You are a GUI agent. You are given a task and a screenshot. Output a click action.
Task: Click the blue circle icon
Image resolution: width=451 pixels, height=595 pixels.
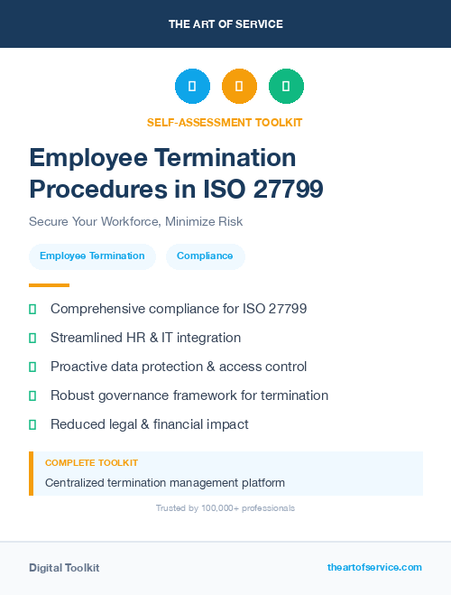click(x=192, y=87)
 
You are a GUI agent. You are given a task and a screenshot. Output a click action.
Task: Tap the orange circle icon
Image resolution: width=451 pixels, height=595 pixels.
click(x=239, y=87)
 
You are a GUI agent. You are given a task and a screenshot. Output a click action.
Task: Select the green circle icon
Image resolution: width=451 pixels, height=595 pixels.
click(x=286, y=87)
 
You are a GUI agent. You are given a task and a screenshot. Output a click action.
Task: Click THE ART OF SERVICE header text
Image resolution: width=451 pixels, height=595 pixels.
click(x=225, y=24)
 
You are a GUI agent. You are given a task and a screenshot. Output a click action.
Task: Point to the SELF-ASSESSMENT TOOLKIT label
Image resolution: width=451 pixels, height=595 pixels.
click(x=225, y=122)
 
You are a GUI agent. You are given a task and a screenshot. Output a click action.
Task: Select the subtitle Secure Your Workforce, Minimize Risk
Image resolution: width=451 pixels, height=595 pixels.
click(x=135, y=221)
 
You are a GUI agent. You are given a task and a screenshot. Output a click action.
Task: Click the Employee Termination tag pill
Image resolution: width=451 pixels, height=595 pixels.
click(x=92, y=256)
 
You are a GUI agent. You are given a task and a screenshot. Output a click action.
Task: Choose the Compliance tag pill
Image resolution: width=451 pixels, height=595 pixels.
click(x=205, y=256)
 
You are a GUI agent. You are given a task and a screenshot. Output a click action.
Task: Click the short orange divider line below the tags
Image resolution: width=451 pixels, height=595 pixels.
click(x=49, y=284)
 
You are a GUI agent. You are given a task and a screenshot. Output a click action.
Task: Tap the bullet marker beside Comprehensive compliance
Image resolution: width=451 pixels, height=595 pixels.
click(x=32, y=310)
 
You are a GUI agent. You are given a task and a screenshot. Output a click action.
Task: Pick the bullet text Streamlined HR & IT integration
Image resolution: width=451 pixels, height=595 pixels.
click(x=145, y=338)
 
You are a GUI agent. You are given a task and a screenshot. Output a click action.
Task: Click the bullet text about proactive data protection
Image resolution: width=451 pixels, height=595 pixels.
click(x=179, y=367)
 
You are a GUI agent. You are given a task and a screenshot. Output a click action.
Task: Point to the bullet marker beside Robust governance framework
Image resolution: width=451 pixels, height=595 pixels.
click(x=32, y=395)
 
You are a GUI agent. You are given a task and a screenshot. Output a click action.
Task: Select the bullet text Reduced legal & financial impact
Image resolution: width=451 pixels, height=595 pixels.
click(x=149, y=424)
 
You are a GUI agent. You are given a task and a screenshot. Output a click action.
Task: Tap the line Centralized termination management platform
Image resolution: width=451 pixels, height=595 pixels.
click(x=165, y=483)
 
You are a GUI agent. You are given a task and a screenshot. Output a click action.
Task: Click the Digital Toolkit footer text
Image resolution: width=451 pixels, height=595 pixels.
click(x=64, y=568)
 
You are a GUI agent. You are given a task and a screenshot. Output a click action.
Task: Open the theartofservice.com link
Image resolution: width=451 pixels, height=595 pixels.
click(x=374, y=567)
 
